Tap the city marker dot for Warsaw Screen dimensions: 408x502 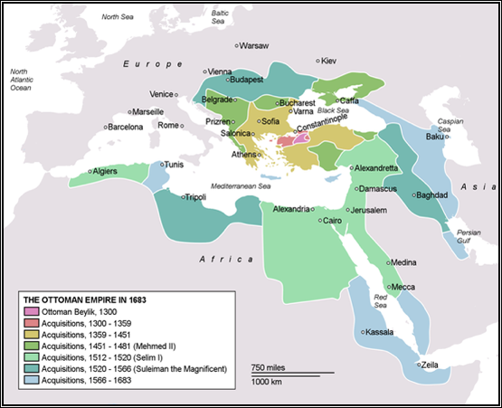(237, 45)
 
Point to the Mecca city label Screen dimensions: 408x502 (403, 288)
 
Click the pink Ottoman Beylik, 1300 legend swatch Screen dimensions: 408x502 (31, 312)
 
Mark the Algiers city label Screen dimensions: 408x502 (104, 171)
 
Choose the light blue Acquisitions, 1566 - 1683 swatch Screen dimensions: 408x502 (31, 380)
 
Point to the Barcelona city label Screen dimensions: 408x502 (126, 128)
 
